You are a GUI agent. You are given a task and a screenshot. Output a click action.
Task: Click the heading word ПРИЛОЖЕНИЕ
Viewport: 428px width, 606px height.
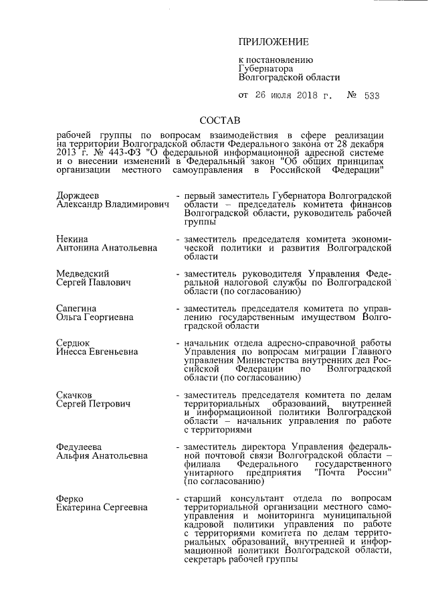(274, 42)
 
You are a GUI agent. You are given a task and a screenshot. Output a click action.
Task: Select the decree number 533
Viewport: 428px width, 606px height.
(372, 96)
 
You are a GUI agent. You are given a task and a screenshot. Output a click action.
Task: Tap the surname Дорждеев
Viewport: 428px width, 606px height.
(78, 194)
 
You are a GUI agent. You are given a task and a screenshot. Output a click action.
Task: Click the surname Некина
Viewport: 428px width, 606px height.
(72, 238)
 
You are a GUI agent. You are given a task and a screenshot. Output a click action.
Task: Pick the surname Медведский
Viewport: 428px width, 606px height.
(83, 274)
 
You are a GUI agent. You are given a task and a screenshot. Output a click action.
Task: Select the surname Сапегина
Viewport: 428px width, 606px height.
(78, 309)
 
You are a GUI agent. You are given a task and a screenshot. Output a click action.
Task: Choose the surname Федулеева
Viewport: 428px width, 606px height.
(82, 447)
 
